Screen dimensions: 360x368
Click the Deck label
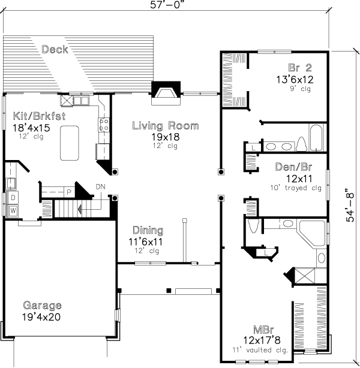click(55, 50)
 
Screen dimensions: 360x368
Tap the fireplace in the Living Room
click(166, 93)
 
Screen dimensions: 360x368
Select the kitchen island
click(70, 143)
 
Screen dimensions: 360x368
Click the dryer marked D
click(13, 198)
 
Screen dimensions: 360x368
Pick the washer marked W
click(13, 210)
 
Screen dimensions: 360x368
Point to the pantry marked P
click(69, 192)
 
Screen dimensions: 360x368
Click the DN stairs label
click(100, 186)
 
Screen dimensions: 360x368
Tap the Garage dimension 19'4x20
click(41, 317)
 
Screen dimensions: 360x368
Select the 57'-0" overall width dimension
click(166, 5)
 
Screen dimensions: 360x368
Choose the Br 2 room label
click(300, 68)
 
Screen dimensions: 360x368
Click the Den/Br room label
click(293, 167)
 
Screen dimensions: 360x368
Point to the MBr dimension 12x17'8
click(262, 340)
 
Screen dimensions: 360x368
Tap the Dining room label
click(148, 230)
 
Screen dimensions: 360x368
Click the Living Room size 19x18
click(166, 137)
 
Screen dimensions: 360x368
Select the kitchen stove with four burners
click(104, 125)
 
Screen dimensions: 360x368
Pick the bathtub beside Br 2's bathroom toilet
click(316, 138)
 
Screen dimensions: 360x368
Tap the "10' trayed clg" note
click(296, 188)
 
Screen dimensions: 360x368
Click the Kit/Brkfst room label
click(39, 116)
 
